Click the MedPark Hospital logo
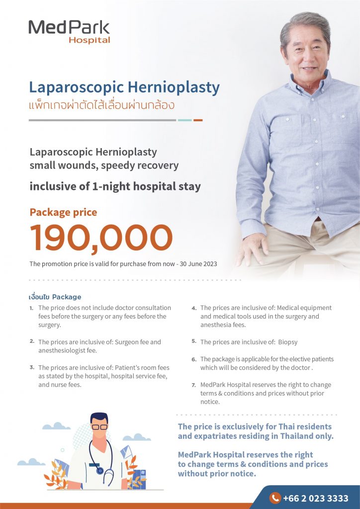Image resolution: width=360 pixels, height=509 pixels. [69, 31]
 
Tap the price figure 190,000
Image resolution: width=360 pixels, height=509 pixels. [101, 238]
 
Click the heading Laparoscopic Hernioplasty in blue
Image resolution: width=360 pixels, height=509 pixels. [124, 87]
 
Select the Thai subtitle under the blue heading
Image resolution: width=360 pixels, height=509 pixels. [101, 105]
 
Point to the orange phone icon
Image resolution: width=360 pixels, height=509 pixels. [274, 498]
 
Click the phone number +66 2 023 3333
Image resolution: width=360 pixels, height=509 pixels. [316, 498]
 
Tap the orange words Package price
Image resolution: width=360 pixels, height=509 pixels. [63, 212]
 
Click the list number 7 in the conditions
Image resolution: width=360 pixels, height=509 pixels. [194, 385]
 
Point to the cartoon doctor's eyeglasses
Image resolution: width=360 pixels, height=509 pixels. [100, 427]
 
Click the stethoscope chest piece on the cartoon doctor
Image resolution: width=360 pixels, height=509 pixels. [100, 470]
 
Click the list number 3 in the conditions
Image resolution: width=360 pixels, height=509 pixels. [32, 367]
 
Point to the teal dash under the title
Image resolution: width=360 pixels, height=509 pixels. [184, 120]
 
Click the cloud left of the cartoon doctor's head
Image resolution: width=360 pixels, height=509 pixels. [56, 426]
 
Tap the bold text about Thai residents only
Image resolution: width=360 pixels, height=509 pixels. [255, 431]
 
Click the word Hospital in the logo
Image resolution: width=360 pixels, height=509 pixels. [90, 40]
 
